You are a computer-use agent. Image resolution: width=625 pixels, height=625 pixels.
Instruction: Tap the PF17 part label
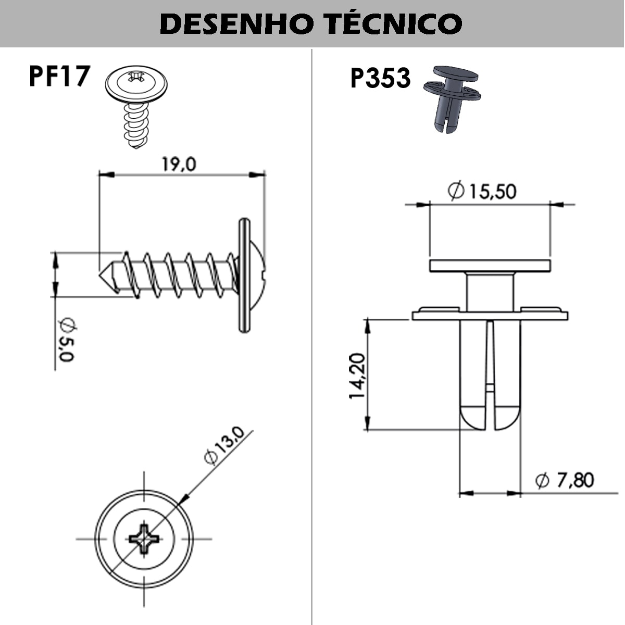pyautogui.click(x=59, y=76)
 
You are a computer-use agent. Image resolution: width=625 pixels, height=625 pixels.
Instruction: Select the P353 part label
pyautogui.click(x=380, y=79)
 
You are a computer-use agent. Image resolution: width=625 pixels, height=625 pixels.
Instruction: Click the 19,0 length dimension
pyautogui.click(x=178, y=165)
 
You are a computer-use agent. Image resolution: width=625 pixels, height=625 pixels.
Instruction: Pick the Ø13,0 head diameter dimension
pyautogui.click(x=223, y=445)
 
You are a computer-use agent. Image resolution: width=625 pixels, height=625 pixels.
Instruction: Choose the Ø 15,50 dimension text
pyautogui.click(x=482, y=191)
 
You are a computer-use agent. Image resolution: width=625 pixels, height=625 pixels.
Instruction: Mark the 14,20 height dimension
pyautogui.click(x=357, y=376)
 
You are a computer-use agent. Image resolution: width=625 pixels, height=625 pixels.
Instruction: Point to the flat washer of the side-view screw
pyautogui.click(x=244, y=275)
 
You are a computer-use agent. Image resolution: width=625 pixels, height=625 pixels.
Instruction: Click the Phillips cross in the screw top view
pyautogui.click(x=144, y=539)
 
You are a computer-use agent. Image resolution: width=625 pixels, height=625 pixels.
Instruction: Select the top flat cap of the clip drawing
pyautogui.click(x=490, y=266)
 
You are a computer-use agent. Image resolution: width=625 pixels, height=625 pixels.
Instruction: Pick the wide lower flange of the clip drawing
pyautogui.click(x=490, y=315)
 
